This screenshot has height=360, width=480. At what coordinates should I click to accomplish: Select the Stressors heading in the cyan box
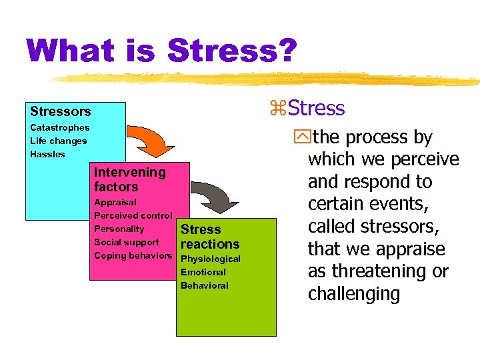click(60, 111)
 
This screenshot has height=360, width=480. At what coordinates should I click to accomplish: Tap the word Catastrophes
click(59, 127)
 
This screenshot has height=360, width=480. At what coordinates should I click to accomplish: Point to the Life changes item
click(58, 141)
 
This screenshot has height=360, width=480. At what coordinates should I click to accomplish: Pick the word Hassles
click(47, 154)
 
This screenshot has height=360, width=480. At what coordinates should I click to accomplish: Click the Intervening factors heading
click(129, 179)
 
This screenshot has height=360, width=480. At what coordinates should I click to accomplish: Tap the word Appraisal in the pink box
click(115, 202)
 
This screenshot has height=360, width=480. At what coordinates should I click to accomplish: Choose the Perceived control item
click(133, 215)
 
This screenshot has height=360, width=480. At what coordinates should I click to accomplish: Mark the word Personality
click(119, 229)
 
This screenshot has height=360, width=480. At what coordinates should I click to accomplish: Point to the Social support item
click(127, 242)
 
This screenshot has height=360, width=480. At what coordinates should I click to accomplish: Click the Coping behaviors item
click(133, 255)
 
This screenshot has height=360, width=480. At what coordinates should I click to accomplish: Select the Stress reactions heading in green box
click(209, 237)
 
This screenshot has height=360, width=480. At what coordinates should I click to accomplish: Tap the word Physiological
click(211, 259)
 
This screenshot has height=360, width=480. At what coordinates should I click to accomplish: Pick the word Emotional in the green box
click(203, 272)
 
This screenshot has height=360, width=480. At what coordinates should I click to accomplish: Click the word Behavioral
click(205, 285)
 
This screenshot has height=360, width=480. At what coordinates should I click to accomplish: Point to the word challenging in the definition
click(353, 294)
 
